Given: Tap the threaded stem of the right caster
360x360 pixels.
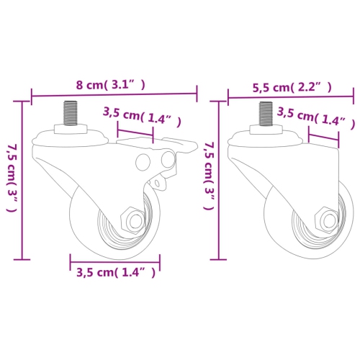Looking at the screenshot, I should point(265,114).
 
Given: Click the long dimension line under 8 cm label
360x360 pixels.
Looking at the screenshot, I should point(114,94).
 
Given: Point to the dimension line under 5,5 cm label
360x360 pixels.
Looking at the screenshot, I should point(291,95).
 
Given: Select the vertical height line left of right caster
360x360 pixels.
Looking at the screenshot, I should point(217,180).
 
